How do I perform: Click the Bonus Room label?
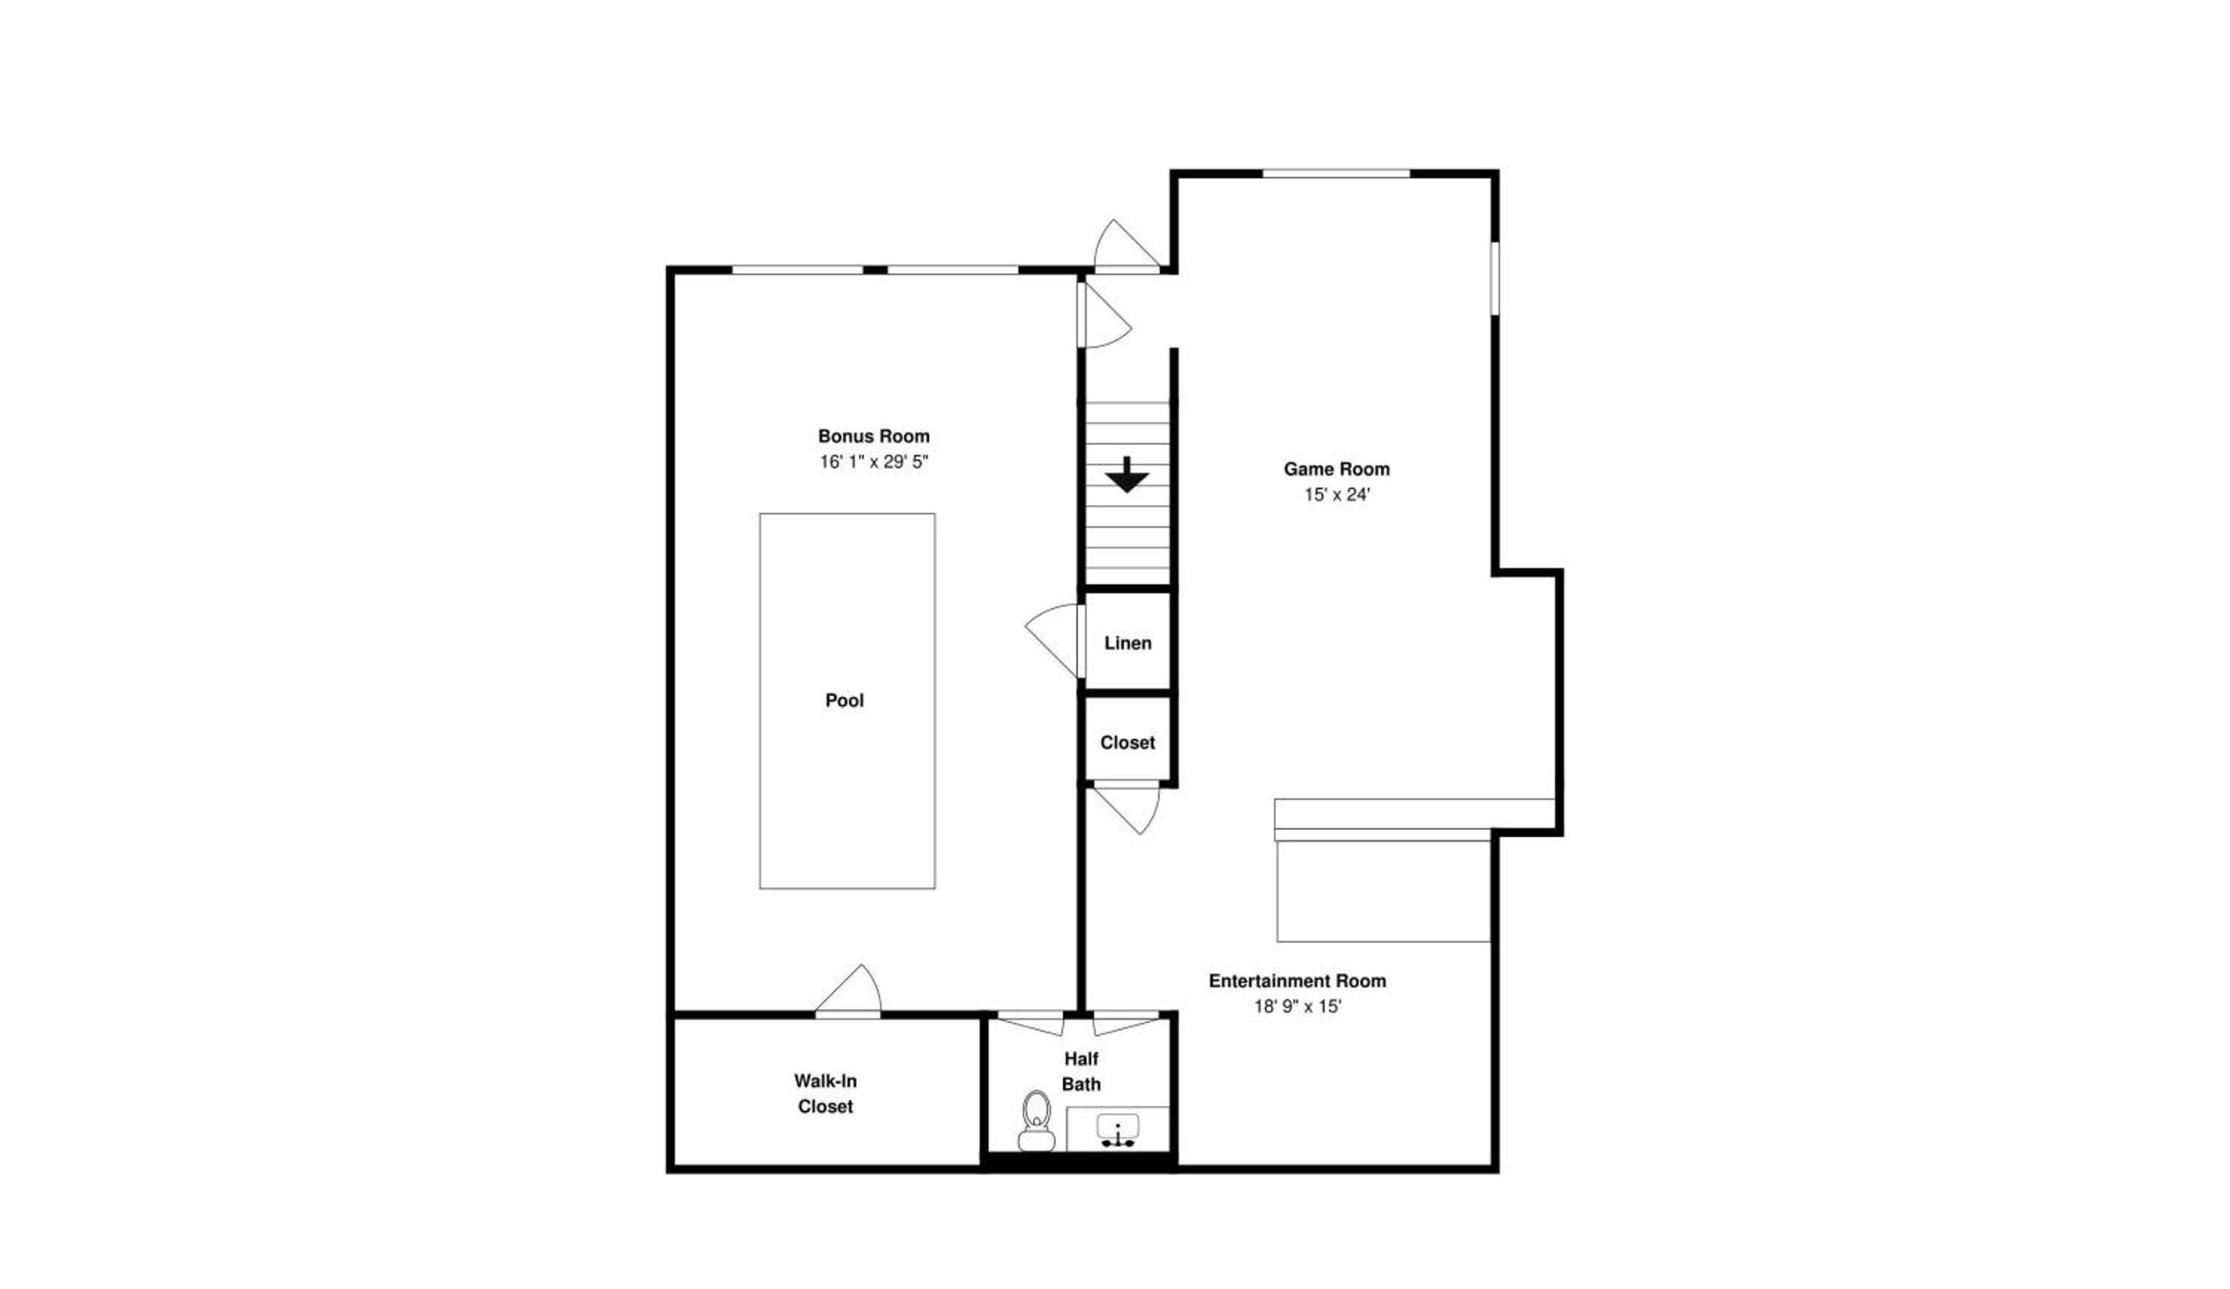tap(873, 436)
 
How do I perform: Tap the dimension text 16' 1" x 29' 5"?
tap(873, 462)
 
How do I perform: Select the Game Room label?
tap(1337, 469)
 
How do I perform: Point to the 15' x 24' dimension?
tap(1337, 494)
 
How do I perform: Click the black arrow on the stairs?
tap(1126, 475)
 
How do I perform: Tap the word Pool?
tap(844, 701)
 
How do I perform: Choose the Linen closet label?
tap(1128, 643)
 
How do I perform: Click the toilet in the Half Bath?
tap(1036, 1121)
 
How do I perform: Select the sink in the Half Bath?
tap(1119, 1131)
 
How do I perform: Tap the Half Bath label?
tap(1082, 1071)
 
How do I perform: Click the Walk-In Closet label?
tap(826, 1093)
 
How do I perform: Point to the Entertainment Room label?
tap(1297, 981)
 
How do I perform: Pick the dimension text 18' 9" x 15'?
tap(1297, 1007)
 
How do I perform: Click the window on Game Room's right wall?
tap(1495, 278)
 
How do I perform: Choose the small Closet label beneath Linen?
tap(1128, 743)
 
